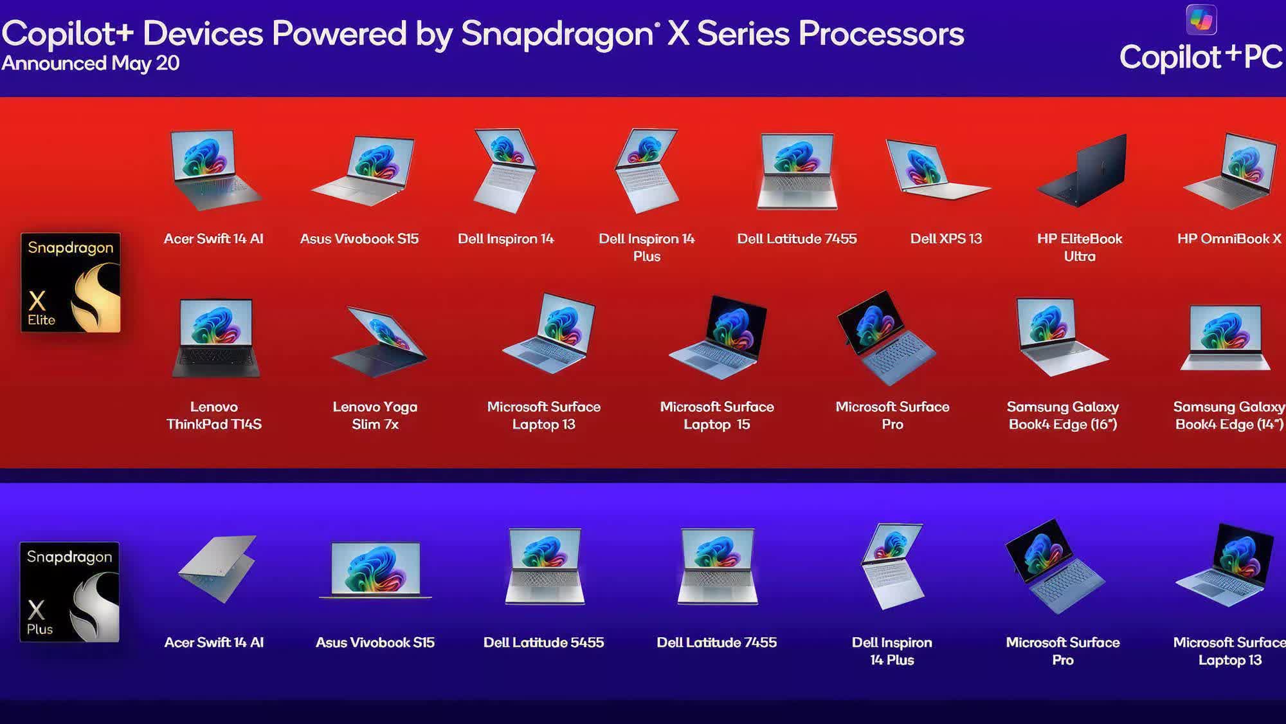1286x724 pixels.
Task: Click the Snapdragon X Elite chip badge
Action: click(x=71, y=283)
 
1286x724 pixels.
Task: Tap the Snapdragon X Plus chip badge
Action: click(x=69, y=592)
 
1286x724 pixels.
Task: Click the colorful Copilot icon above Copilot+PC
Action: click(x=1201, y=20)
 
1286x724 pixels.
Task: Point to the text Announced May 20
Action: click(x=91, y=63)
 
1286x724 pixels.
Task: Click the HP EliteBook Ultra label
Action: click(x=1080, y=247)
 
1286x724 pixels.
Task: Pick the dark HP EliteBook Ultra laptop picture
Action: click(x=1082, y=170)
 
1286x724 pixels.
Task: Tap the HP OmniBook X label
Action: click(x=1229, y=239)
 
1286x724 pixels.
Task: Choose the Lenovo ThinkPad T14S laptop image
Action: click(x=215, y=338)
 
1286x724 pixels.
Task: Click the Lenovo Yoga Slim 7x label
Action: click(x=375, y=415)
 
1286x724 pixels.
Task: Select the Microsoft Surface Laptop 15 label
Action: click(x=717, y=415)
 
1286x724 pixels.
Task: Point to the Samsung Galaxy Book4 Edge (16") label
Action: click(x=1063, y=415)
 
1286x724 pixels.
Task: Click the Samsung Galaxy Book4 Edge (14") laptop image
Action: click(x=1226, y=338)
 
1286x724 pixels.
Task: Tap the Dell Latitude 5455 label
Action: click(x=543, y=642)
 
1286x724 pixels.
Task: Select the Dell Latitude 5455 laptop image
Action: click(x=545, y=566)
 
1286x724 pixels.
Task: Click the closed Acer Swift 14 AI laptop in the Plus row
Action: click(x=217, y=568)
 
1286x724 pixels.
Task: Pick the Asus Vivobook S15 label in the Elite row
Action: click(x=359, y=239)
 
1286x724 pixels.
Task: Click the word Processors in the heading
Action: click(x=881, y=33)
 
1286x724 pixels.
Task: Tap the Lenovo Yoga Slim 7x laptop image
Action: click(x=378, y=342)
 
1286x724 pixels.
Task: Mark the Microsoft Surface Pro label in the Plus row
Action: click(x=1063, y=651)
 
